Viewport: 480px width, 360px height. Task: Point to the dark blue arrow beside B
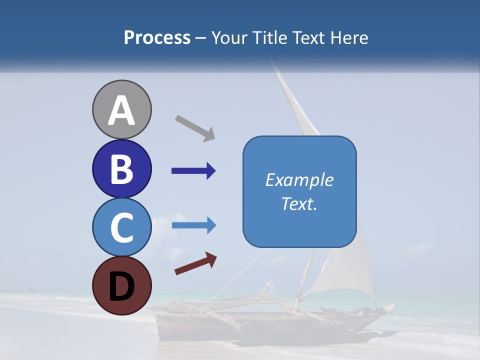coord(193,171)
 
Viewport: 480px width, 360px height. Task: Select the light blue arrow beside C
coord(193,226)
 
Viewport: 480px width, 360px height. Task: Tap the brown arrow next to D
coord(195,263)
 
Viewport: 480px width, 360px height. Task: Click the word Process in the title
coord(157,38)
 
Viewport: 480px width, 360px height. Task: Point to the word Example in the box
coord(299,180)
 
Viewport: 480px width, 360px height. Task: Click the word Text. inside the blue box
coord(299,204)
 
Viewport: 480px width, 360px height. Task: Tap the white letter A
coord(122,111)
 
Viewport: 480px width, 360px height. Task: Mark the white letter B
coord(122,169)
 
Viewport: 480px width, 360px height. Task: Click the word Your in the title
coord(229,38)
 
